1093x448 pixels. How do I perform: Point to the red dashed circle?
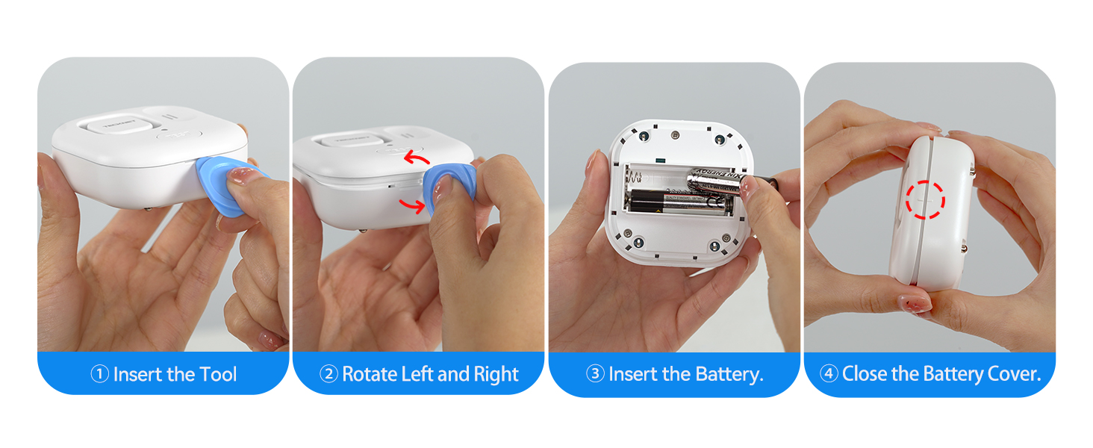pyautogui.click(x=925, y=199)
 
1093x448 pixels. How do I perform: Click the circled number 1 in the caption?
pyautogui.click(x=100, y=374)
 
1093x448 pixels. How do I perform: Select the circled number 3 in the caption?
pyautogui.click(x=595, y=374)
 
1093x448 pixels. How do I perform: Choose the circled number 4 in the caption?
pyautogui.click(x=829, y=374)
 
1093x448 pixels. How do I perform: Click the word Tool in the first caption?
pyautogui.click(x=217, y=374)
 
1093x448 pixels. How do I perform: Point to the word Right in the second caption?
pyautogui.click(x=495, y=374)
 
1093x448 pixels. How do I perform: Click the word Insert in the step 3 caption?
pyautogui.click(x=633, y=374)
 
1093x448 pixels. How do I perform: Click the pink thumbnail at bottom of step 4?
pyautogui.click(x=915, y=304)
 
